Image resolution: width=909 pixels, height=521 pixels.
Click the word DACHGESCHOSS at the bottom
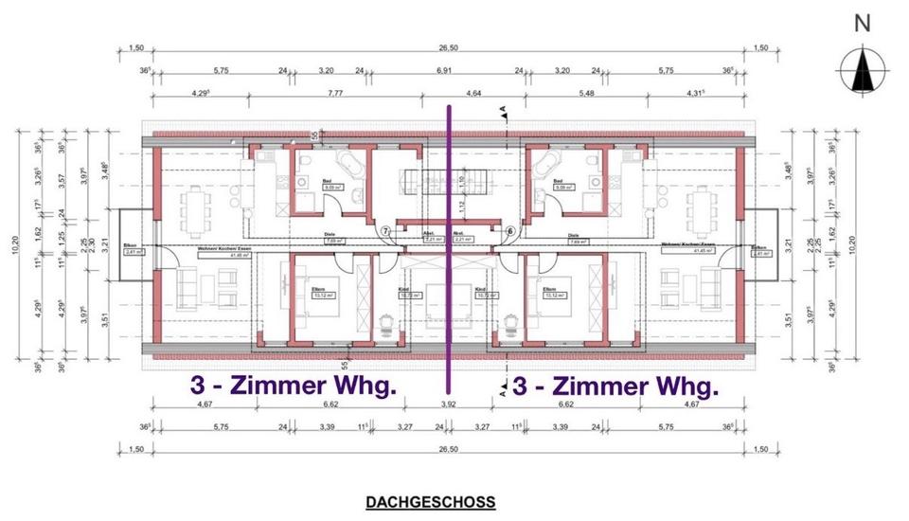click(430, 501)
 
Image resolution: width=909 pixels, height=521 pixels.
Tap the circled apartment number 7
click(385, 231)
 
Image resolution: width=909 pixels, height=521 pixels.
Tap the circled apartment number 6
click(510, 231)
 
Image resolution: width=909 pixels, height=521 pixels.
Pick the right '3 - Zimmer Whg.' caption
click(615, 386)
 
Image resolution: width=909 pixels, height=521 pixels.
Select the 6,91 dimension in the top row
click(443, 70)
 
